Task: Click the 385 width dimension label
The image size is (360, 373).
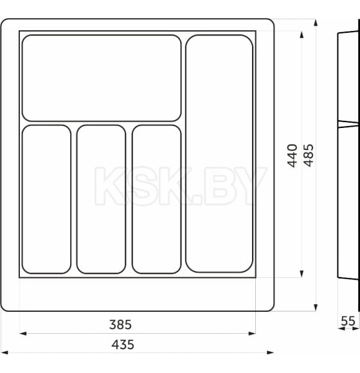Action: tap(121, 325)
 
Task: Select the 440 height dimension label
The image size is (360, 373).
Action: tap(292, 156)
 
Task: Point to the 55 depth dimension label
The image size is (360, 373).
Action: tap(348, 320)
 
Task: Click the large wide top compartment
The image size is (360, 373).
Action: tap(102, 78)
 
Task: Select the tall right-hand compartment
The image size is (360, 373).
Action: tap(219, 153)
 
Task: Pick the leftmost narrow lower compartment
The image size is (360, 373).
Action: tap(46, 199)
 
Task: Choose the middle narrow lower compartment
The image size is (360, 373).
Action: tap(102, 199)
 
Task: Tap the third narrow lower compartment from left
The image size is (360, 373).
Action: tap(157, 199)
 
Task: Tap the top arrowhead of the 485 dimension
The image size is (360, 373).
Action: tap(316, 22)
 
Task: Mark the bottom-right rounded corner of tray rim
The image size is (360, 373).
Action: tap(270, 307)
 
